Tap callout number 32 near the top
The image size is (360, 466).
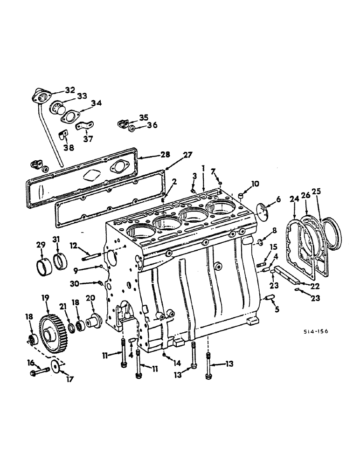[69, 89]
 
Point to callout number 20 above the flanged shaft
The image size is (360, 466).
[90, 297]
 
